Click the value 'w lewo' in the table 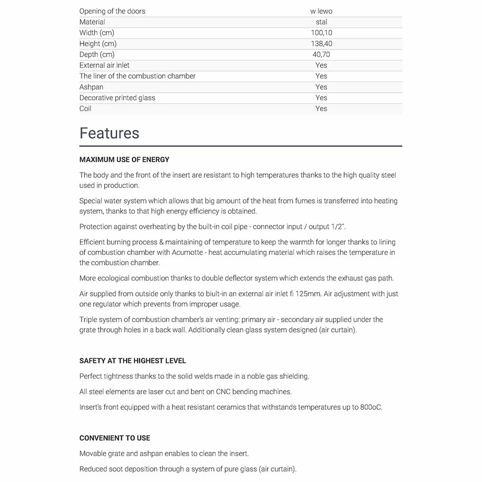[321, 11]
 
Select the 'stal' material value [321, 22]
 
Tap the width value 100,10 [321, 33]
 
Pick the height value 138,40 [321, 44]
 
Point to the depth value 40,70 [321, 54]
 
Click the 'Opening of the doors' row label [112, 11]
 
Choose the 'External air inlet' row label [104, 65]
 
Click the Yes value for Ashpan [321, 87]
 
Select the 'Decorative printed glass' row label [117, 98]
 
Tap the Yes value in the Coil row [321, 108]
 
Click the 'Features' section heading [109, 133]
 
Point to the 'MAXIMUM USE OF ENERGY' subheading [124, 160]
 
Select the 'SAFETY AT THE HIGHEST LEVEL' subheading [133, 361]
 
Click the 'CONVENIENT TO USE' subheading [115, 438]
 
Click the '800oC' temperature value [371, 407]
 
